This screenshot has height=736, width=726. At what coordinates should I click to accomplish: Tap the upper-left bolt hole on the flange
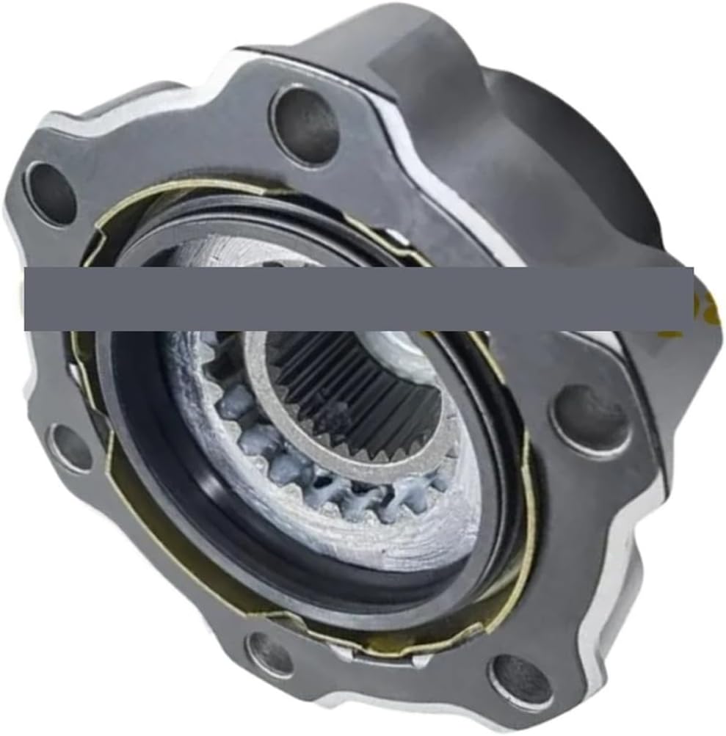(51, 193)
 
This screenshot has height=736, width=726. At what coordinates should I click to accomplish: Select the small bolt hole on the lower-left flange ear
(71, 448)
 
